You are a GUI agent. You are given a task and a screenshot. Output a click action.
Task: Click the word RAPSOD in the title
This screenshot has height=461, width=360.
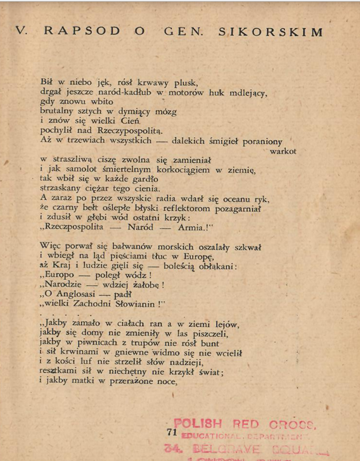82,32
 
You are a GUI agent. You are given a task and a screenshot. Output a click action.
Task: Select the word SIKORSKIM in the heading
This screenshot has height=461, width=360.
270,32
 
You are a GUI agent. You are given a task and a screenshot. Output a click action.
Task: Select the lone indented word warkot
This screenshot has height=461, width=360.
282,150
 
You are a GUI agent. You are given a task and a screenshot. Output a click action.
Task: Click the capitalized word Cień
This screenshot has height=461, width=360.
122,122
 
